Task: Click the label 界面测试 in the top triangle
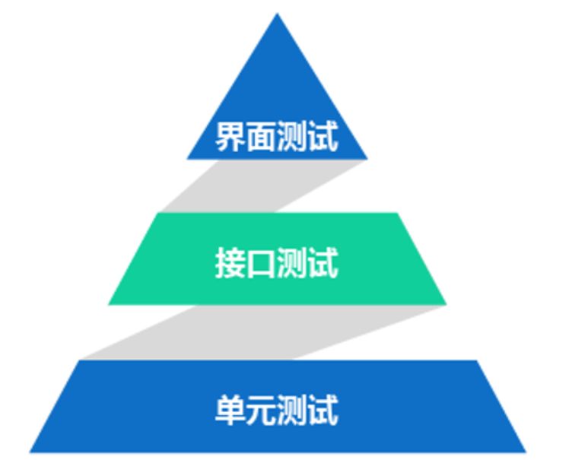pyautogui.click(x=277, y=138)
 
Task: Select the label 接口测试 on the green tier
pyautogui.click(x=277, y=262)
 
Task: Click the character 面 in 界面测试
pyautogui.click(x=262, y=138)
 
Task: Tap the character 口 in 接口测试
pyautogui.click(x=262, y=262)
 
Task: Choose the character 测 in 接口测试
pyautogui.click(x=292, y=262)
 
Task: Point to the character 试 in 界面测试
pyautogui.click(x=323, y=138)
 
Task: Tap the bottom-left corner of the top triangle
pyautogui.click(x=188, y=158)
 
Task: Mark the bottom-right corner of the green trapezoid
pyautogui.click(x=446, y=304)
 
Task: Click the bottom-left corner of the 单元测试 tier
pyautogui.click(x=30, y=452)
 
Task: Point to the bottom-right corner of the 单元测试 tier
pyautogui.click(x=526, y=452)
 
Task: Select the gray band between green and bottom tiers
pyautogui.click(x=259, y=333)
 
